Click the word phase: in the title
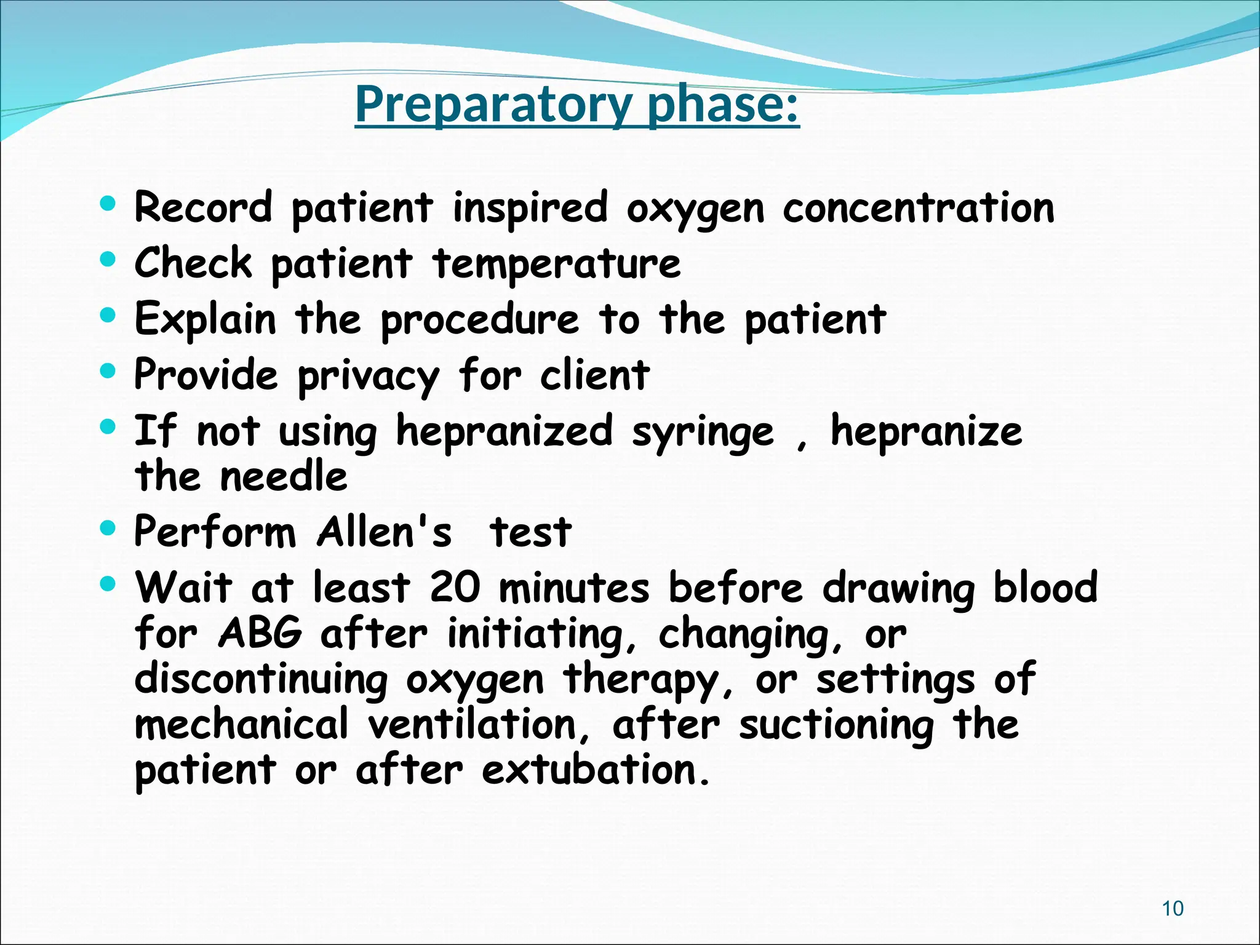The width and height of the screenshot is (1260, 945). (724, 105)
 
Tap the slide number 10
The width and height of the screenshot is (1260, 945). (1173, 909)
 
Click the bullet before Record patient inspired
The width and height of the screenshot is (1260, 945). (108, 204)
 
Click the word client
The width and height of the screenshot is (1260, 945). (594, 375)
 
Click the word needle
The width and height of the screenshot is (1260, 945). (284, 477)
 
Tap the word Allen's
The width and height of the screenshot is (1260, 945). (385, 532)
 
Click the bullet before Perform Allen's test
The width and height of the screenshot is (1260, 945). (108, 528)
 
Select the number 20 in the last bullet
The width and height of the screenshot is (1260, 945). (455, 587)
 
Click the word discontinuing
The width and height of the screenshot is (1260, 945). (261, 680)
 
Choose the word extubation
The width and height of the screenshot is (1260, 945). (595, 770)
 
